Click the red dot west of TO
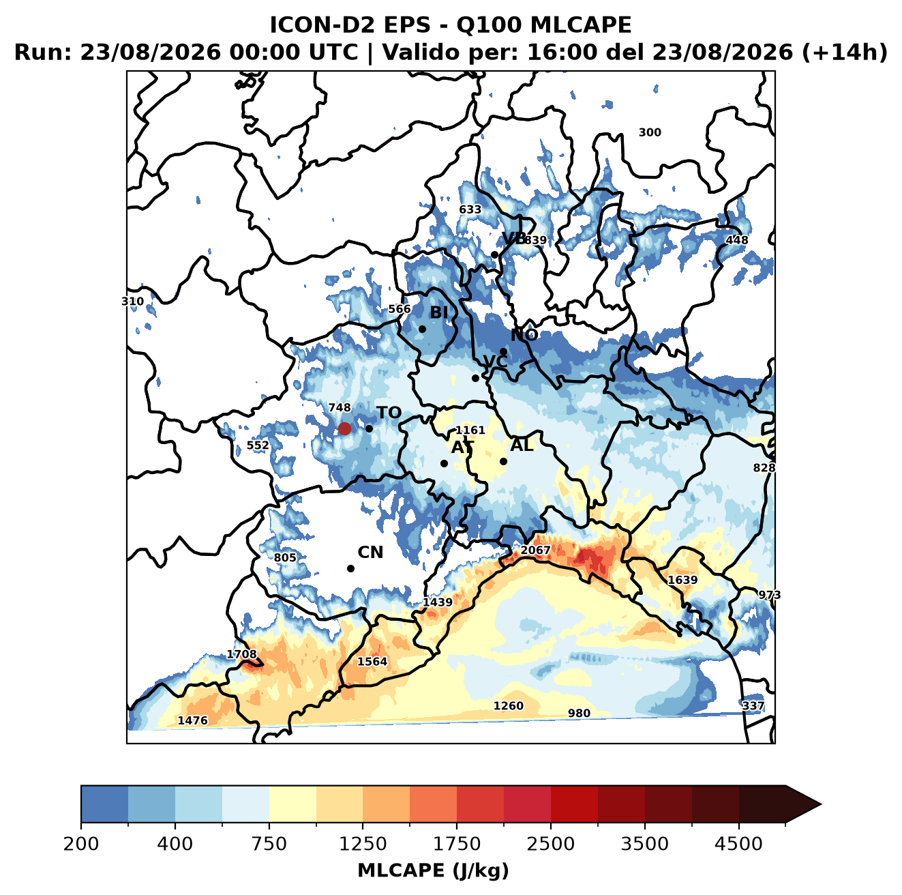[x=344, y=428]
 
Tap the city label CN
[x=370, y=553]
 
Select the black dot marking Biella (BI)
[x=422, y=329]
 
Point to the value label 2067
[x=535, y=550]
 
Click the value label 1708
[x=241, y=654]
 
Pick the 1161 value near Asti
[x=470, y=430]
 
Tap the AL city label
[x=522, y=445]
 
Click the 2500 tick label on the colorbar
[x=550, y=844]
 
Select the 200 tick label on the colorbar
[x=81, y=844]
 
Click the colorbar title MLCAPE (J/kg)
[x=433, y=870]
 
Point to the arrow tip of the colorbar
[x=821, y=804]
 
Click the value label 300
[x=650, y=132]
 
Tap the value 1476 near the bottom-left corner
[x=192, y=720]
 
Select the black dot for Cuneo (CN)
[x=350, y=568]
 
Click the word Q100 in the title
[x=489, y=25]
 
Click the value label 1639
[x=682, y=580]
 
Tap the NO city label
[x=524, y=336]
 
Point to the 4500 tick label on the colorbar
[x=738, y=844]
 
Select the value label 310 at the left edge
[x=132, y=302]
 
